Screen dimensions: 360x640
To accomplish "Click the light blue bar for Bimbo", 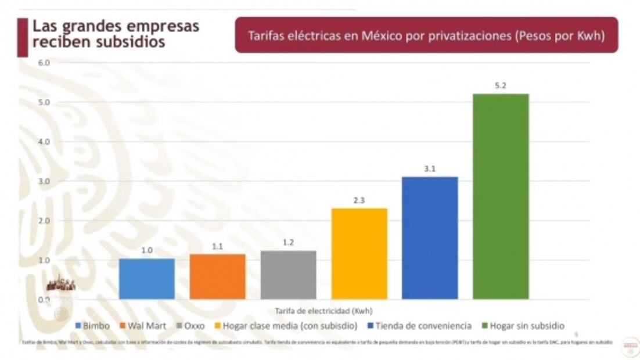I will (146, 279).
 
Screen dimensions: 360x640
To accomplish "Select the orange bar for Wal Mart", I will (217, 277).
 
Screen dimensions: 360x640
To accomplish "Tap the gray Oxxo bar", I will (288, 275).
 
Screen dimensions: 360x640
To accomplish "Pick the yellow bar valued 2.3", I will (359, 254).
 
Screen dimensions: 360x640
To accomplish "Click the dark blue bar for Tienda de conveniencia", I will (430, 238).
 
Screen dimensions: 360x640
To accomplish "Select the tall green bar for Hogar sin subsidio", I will (501, 197).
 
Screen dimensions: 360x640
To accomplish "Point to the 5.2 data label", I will (501, 85).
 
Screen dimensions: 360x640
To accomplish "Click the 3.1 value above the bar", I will (430, 169).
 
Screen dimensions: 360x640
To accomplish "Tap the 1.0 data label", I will (146, 250).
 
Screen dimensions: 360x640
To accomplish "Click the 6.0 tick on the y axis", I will (45, 62).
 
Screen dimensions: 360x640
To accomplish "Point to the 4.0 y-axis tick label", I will (45, 142).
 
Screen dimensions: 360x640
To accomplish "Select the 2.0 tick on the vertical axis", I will (45, 221).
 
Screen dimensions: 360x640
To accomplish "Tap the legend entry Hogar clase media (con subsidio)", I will (286, 326).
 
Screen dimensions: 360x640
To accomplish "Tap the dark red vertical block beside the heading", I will (22, 37).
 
